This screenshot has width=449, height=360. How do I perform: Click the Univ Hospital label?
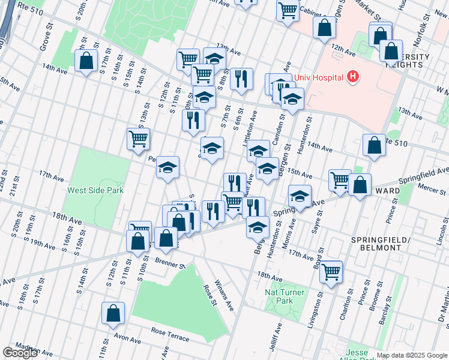318,77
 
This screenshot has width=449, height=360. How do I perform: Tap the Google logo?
20,352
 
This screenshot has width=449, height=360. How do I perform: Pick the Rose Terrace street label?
170,334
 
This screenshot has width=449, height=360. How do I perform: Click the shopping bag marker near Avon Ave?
113,313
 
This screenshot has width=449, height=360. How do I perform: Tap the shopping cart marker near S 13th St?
138,139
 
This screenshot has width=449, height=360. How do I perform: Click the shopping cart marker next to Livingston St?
331,271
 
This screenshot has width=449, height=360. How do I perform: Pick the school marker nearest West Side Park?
167,167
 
